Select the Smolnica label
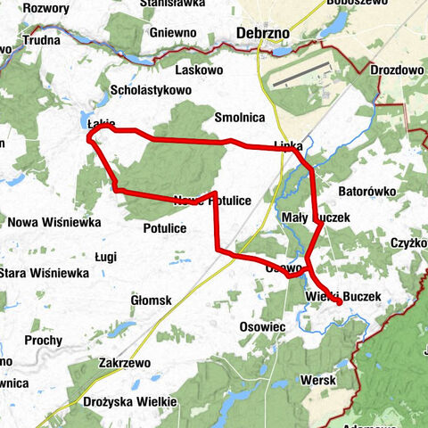241,117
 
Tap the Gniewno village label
174,32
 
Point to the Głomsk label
151,300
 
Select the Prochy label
43,340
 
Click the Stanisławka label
174,4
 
